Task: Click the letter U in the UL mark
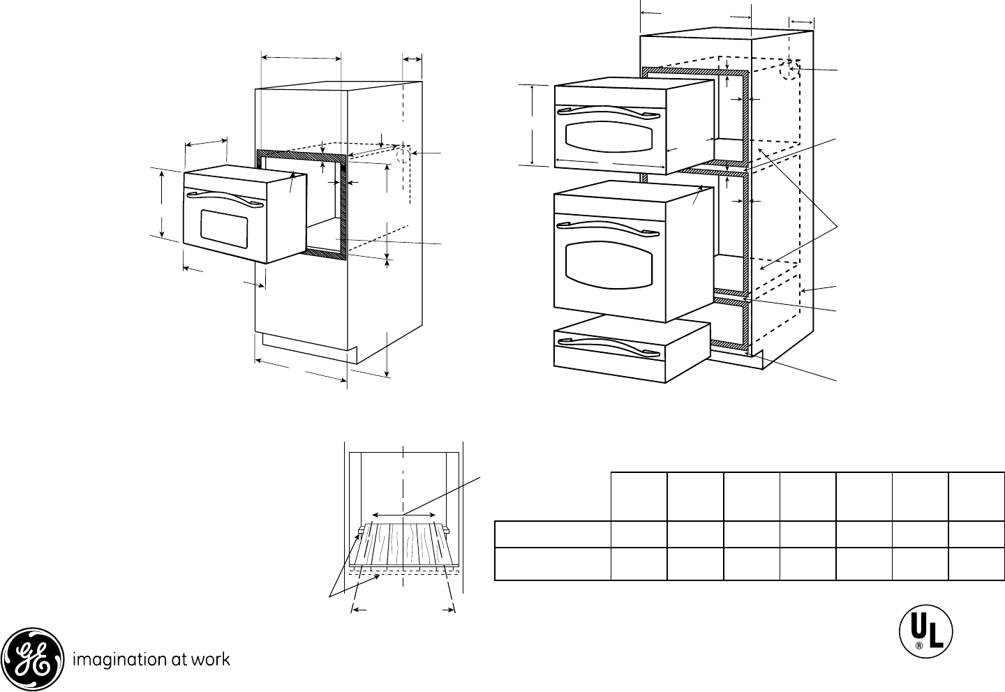pos(918,630)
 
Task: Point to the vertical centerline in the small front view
pos(404,474)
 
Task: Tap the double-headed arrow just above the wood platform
pos(403,515)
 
